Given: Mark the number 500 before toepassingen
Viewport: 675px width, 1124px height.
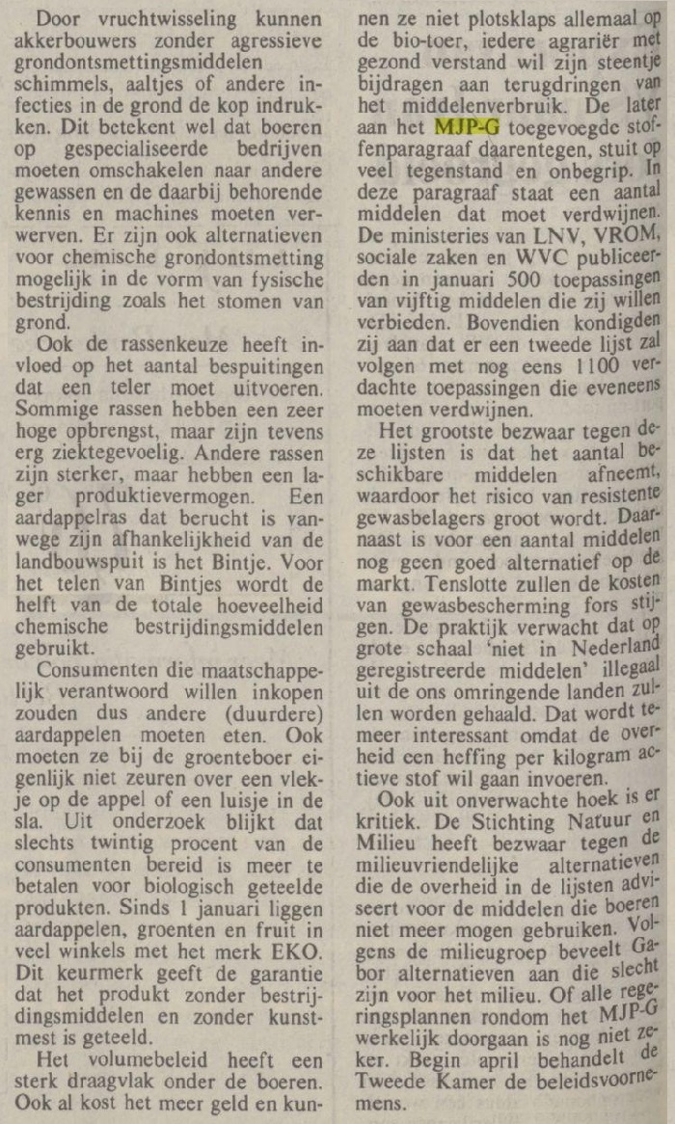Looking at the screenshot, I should click(x=509, y=281).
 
